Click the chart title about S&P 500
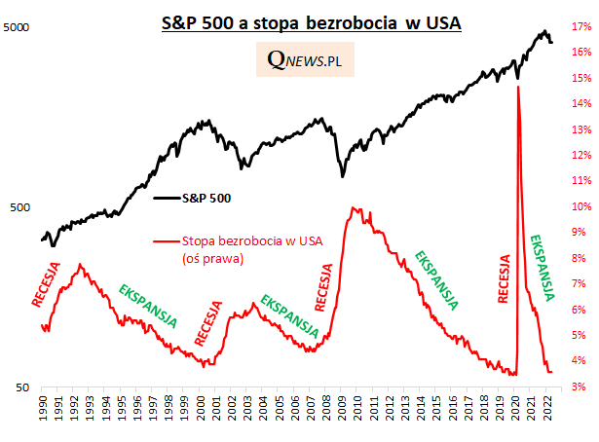(311, 21)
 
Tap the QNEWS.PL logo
(305, 60)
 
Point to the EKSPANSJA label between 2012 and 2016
(437, 279)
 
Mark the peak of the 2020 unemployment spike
(517, 87)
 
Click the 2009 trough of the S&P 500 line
(342, 176)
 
